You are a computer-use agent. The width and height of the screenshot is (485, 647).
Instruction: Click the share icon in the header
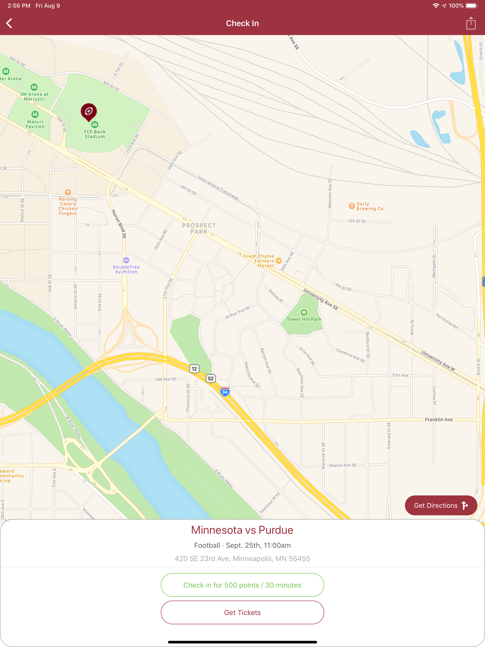click(x=471, y=23)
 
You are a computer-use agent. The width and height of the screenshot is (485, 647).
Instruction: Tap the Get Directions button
click(x=440, y=505)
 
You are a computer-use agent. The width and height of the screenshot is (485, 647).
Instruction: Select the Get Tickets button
click(x=242, y=612)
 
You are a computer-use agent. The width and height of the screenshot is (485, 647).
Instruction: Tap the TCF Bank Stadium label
click(x=94, y=134)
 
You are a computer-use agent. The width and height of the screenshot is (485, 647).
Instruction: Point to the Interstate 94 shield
click(x=225, y=392)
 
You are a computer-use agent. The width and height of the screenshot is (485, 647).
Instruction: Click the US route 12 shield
click(x=194, y=368)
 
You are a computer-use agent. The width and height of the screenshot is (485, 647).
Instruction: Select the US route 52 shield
click(x=211, y=378)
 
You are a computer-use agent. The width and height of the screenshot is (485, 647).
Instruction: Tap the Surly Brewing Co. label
click(x=370, y=206)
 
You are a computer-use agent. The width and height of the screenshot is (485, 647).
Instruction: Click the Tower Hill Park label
click(x=304, y=319)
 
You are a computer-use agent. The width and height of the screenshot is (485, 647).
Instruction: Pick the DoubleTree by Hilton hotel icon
click(x=126, y=260)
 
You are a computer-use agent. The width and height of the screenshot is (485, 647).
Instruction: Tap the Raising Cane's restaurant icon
click(x=68, y=192)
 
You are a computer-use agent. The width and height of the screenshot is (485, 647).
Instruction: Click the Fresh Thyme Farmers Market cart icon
click(x=279, y=261)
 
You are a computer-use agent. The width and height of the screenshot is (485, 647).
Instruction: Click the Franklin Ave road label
click(x=439, y=419)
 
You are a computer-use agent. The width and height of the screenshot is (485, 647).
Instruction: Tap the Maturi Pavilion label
click(x=35, y=124)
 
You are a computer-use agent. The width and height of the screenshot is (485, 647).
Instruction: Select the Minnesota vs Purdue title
click(x=242, y=530)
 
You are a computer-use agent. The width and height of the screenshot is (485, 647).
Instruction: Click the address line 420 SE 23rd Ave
click(x=242, y=558)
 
